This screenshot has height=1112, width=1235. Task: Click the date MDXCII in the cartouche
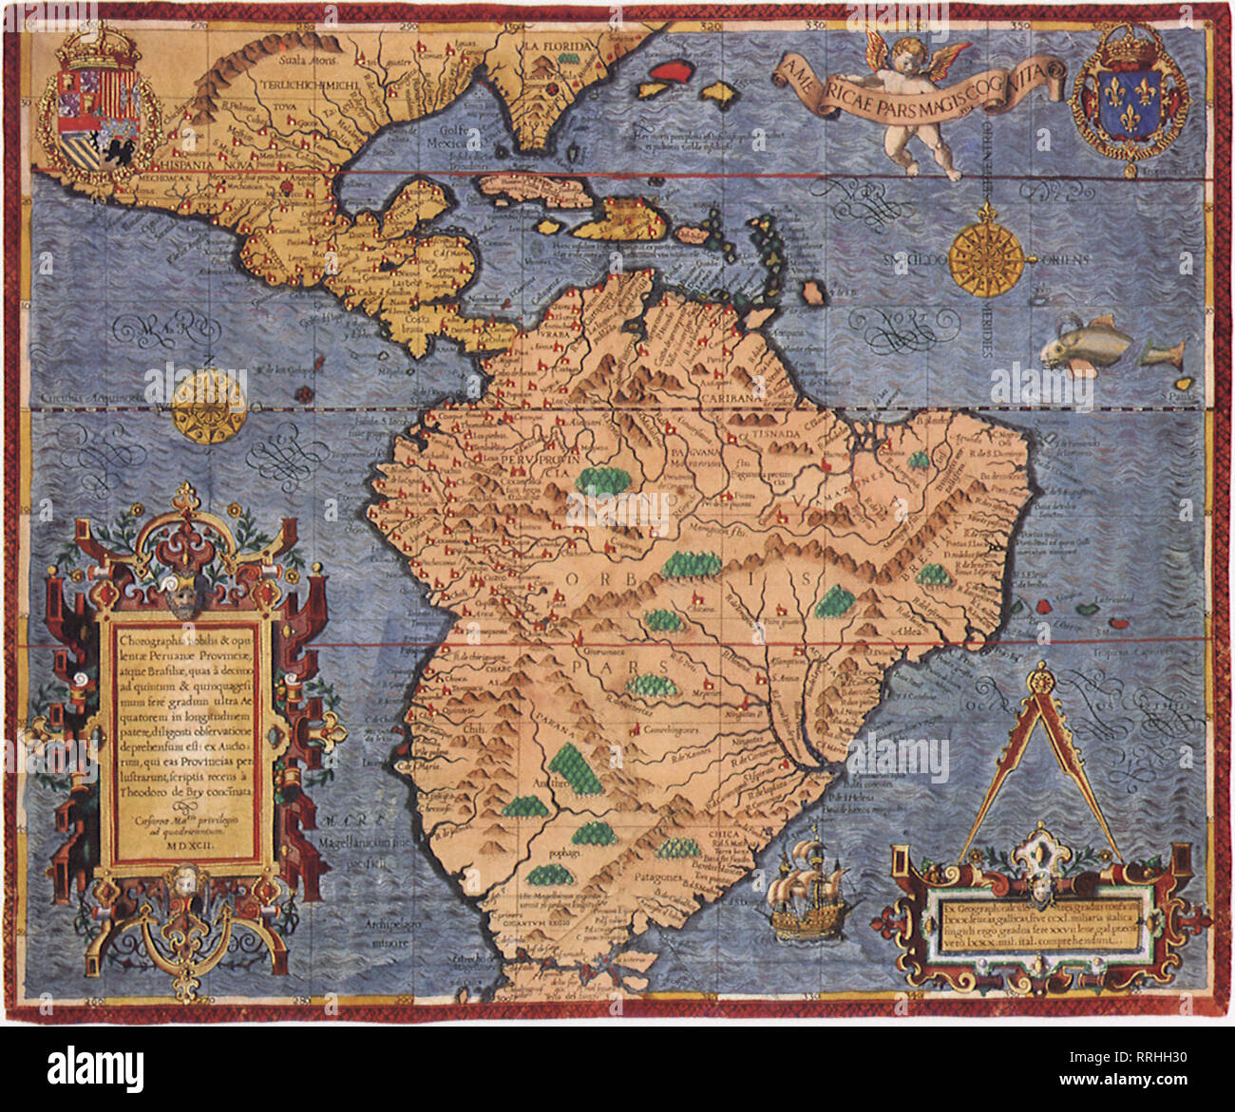191,840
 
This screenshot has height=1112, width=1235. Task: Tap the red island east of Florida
672,71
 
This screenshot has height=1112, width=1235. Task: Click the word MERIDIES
988,328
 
